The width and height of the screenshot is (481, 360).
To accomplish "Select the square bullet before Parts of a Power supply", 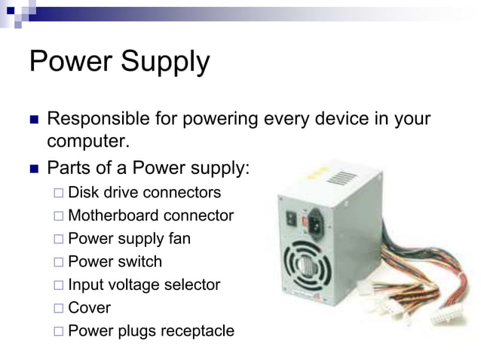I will (x=33, y=167).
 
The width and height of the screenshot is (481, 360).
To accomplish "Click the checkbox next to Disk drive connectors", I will (x=59, y=193).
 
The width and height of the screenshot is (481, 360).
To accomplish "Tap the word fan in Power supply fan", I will (x=179, y=239).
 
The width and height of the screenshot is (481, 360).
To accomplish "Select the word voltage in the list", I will (x=135, y=285).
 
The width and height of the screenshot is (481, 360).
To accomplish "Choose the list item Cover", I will (x=89, y=307).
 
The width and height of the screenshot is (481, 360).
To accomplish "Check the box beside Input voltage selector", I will (x=59, y=285).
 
